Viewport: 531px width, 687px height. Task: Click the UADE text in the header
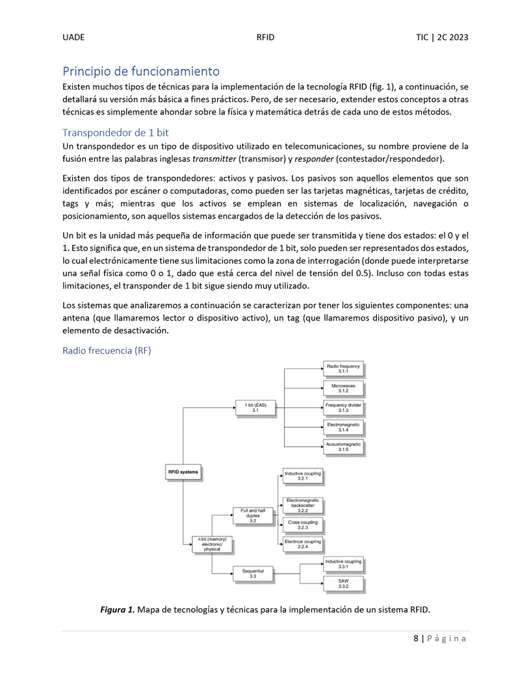pyautogui.click(x=73, y=38)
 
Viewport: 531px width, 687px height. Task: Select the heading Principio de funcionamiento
pyautogui.click(x=141, y=71)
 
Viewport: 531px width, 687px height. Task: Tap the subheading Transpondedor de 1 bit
pyautogui.click(x=115, y=133)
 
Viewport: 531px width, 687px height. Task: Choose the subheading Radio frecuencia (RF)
pyautogui.click(x=106, y=351)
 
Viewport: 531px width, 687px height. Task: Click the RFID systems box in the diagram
pyautogui.click(x=183, y=472)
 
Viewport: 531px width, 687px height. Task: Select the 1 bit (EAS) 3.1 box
pyautogui.click(x=255, y=408)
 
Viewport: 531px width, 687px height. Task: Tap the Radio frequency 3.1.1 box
pyautogui.click(x=343, y=369)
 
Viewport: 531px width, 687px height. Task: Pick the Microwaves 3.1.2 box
pyautogui.click(x=343, y=389)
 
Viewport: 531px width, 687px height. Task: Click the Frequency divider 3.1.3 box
pyautogui.click(x=343, y=408)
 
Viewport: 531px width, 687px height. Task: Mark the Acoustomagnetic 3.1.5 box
pyautogui.click(x=343, y=447)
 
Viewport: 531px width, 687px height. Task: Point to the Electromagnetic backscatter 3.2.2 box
pyautogui.click(x=302, y=505)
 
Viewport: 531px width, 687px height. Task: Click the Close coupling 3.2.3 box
pyautogui.click(x=302, y=525)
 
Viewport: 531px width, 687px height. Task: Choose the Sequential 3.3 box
pyautogui.click(x=253, y=573)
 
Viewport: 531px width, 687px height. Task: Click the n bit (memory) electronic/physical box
pyautogui.click(x=212, y=544)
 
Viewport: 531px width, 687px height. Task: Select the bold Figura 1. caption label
pyautogui.click(x=117, y=610)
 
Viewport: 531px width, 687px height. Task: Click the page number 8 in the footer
pyautogui.click(x=415, y=638)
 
